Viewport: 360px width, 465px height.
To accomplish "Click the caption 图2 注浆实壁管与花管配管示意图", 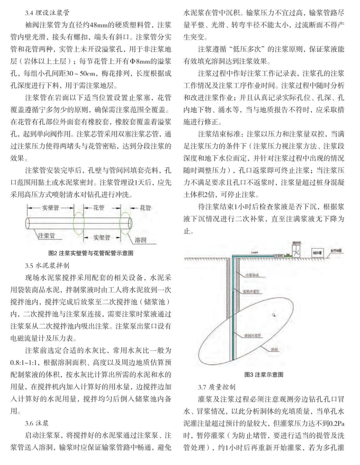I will coord(91,253).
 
